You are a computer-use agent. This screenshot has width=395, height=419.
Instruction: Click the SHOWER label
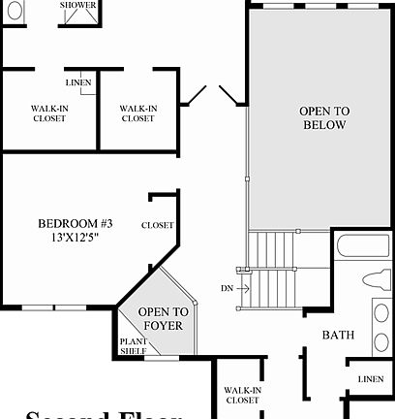tap(77, 5)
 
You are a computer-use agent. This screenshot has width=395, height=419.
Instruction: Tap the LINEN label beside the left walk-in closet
tap(79, 82)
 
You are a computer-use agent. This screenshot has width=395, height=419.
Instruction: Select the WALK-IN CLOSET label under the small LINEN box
tap(48, 113)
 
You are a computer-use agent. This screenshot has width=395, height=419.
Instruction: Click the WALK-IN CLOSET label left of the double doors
tap(137, 113)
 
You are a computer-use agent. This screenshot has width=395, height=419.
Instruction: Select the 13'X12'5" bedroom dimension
tap(69, 237)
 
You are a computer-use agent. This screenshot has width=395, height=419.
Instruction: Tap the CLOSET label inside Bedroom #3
tap(157, 225)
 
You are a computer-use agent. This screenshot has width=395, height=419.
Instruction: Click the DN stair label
tap(227, 288)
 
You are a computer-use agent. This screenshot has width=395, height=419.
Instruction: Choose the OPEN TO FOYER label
tap(160, 318)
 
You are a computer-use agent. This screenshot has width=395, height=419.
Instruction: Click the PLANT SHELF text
tap(133, 346)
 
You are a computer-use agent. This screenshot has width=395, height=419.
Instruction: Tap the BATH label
tap(338, 336)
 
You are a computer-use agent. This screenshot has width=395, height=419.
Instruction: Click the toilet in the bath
tap(377, 280)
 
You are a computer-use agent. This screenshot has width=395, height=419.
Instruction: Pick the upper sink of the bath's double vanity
tap(382, 314)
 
